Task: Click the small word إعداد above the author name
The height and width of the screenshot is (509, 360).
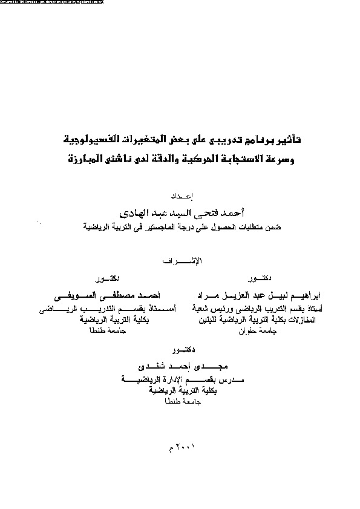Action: [180, 195]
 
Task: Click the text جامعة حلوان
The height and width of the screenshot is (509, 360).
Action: [252, 331]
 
